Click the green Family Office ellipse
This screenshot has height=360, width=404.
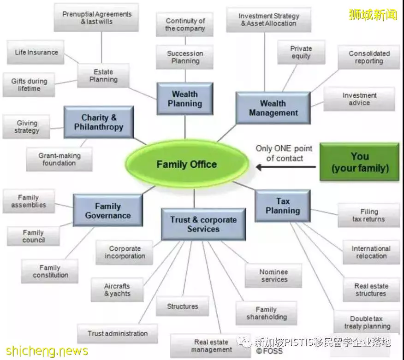[187, 164]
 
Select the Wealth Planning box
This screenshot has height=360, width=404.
[185, 99]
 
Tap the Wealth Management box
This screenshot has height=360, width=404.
[273, 108]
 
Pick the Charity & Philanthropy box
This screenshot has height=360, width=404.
[99, 122]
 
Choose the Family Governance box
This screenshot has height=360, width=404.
[108, 210]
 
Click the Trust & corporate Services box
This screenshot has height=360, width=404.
[203, 224]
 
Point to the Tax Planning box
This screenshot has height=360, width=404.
[283, 206]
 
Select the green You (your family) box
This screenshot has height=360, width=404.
[359, 162]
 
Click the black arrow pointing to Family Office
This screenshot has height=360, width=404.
[286, 167]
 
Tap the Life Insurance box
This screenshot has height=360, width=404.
[36, 52]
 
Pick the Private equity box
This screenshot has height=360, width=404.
[301, 52]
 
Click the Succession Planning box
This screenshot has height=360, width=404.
[185, 57]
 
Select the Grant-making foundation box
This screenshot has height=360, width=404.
[59, 159]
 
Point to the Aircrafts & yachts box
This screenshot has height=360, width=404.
[117, 289]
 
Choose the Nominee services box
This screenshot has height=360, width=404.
[273, 276]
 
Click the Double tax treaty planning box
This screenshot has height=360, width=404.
[367, 322]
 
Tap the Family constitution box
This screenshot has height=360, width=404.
[50, 271]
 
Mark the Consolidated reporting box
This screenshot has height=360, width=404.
[369, 57]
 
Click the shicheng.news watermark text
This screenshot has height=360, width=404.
[47, 351]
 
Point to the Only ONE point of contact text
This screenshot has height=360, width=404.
[284, 153]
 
